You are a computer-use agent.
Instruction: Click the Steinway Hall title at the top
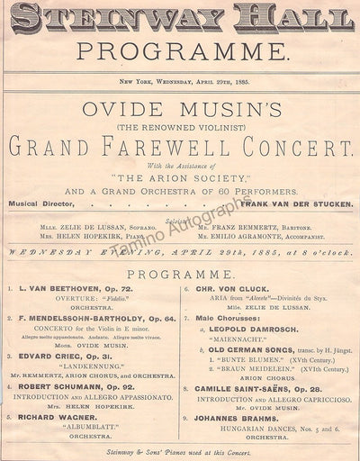click(x=179, y=17)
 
